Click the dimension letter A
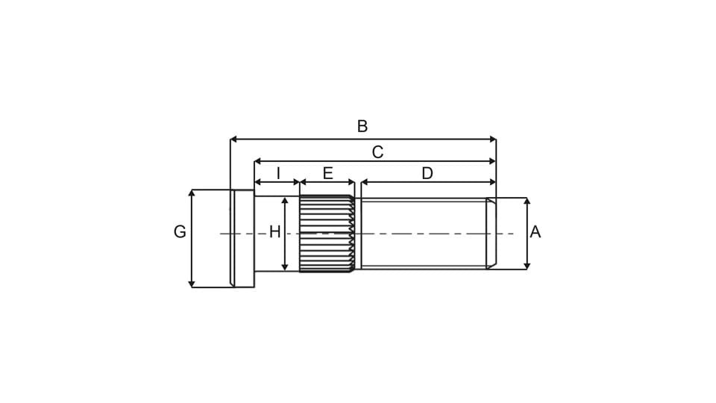(x=535, y=232)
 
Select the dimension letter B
(x=362, y=126)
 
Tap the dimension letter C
(x=377, y=152)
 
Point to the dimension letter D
(x=427, y=173)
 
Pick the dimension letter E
(x=327, y=173)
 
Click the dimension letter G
(x=180, y=232)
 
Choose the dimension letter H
(x=274, y=232)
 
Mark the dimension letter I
(x=278, y=173)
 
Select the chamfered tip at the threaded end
(x=491, y=234)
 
